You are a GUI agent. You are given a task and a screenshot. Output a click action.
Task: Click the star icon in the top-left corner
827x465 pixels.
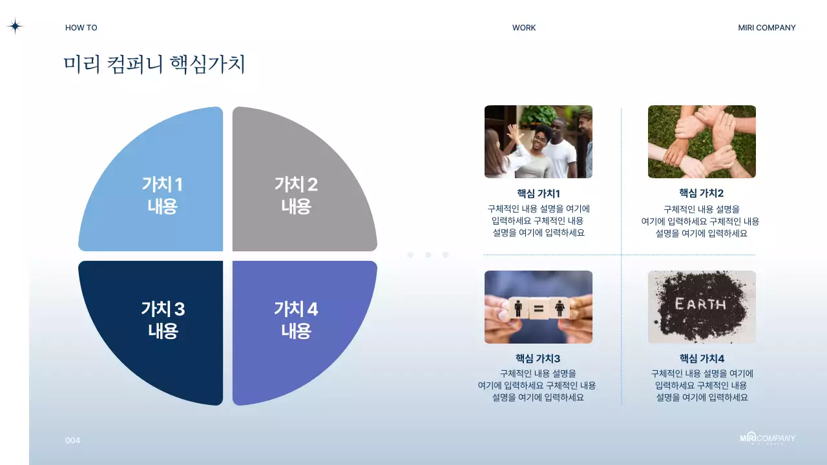point(15,26)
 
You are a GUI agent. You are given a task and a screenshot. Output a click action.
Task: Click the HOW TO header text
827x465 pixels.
point(81,28)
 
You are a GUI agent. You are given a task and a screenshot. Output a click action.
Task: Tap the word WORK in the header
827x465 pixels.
point(524,28)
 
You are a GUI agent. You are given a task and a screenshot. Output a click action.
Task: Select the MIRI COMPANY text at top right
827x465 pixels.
point(767,28)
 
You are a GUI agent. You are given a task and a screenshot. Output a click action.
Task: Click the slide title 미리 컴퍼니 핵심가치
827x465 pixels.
point(154,65)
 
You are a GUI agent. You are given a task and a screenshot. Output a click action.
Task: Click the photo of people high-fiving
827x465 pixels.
point(538,141)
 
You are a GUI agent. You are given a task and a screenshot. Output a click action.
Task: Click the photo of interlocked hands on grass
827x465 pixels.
point(702,141)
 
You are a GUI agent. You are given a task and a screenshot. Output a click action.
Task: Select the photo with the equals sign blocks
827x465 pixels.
point(538,307)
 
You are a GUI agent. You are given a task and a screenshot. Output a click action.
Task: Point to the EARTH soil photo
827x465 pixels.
point(702,307)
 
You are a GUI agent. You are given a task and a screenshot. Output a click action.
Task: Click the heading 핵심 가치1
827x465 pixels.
point(538,193)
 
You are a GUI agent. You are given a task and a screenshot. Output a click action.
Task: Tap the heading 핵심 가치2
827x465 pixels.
point(702,193)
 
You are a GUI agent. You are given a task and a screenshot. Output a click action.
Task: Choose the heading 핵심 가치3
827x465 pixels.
point(538,358)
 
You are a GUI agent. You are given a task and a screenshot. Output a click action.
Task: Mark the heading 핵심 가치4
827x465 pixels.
point(702,358)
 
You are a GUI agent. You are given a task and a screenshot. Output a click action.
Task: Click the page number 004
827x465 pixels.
point(73,440)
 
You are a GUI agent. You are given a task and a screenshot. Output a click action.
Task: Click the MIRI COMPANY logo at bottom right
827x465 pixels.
point(768,439)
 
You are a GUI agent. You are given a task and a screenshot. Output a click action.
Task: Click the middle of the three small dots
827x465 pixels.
point(428,255)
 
